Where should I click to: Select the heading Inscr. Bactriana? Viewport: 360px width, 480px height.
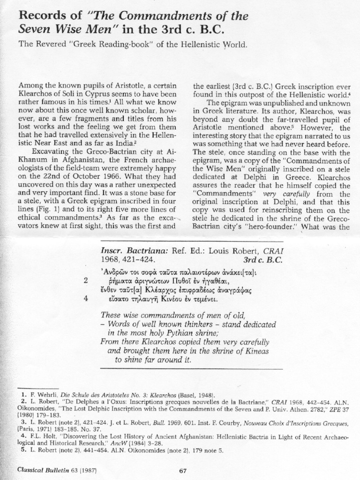[132, 250]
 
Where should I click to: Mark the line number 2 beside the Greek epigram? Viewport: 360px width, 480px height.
[86, 281]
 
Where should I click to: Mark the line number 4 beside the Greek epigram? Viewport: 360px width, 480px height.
[86, 300]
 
